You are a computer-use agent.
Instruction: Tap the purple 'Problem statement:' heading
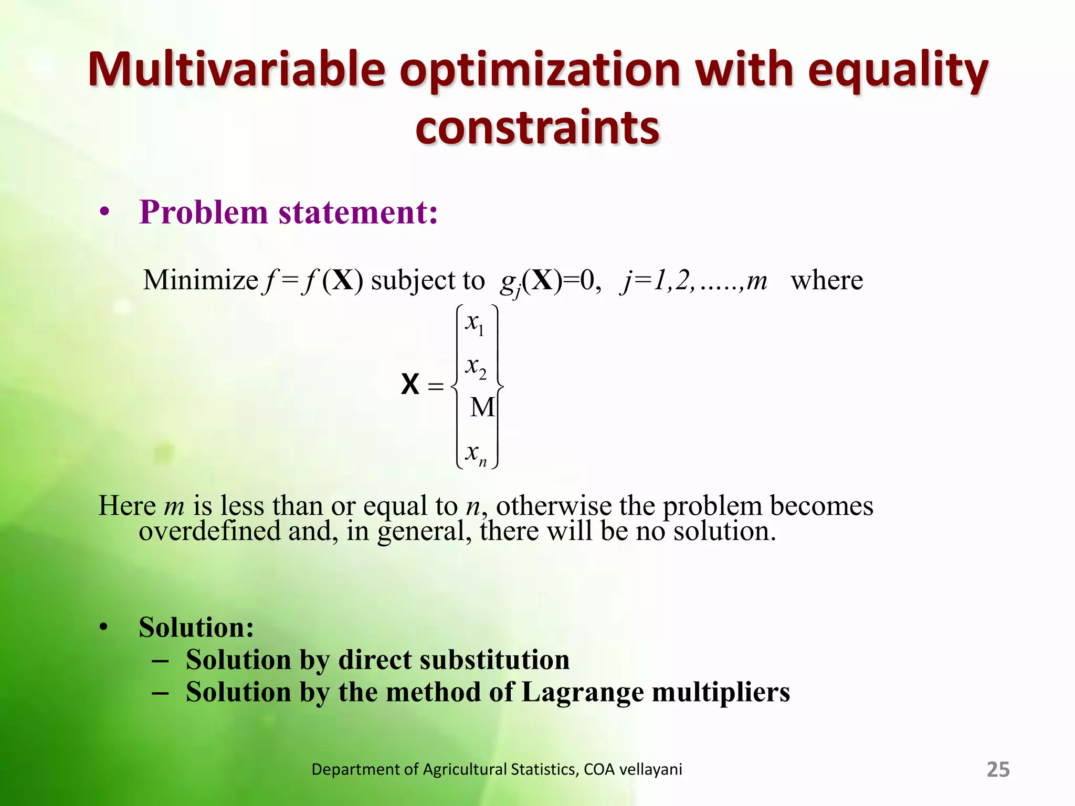pos(288,213)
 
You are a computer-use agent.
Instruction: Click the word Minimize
pos(201,280)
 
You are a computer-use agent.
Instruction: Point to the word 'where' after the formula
pos(827,280)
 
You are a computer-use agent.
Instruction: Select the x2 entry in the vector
pos(476,367)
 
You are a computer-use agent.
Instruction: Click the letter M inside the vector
pos(482,407)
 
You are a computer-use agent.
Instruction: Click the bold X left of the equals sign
pos(410,385)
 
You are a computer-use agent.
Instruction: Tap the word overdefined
pos(209,531)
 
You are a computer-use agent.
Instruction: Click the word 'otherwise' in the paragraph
pos(553,506)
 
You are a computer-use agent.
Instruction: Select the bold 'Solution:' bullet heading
pos(196,627)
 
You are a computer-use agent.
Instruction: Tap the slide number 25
pos(998,769)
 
